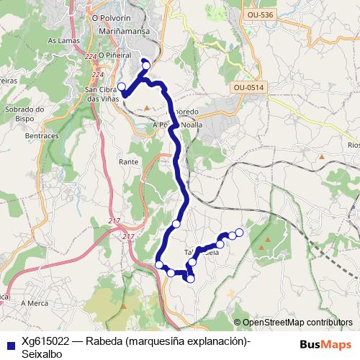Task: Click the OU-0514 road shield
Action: [x=249, y=87]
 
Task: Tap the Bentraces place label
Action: [x=42, y=135]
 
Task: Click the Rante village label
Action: [x=128, y=163]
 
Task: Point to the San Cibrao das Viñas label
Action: [x=101, y=94]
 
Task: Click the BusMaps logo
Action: [x=325, y=344]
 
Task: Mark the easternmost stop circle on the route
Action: [x=239, y=232]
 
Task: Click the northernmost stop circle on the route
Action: [x=146, y=66]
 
